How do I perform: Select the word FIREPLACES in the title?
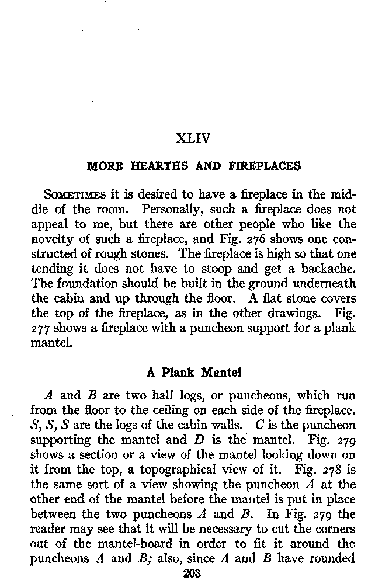pyautogui.click(x=266, y=166)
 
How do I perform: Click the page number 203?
pyautogui.click(x=192, y=574)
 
